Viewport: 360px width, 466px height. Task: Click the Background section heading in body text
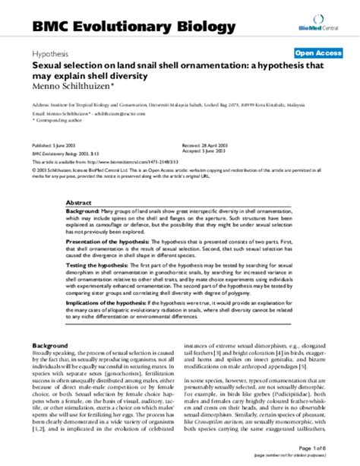point(53,346)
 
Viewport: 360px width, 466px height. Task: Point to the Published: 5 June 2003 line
point(55,144)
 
